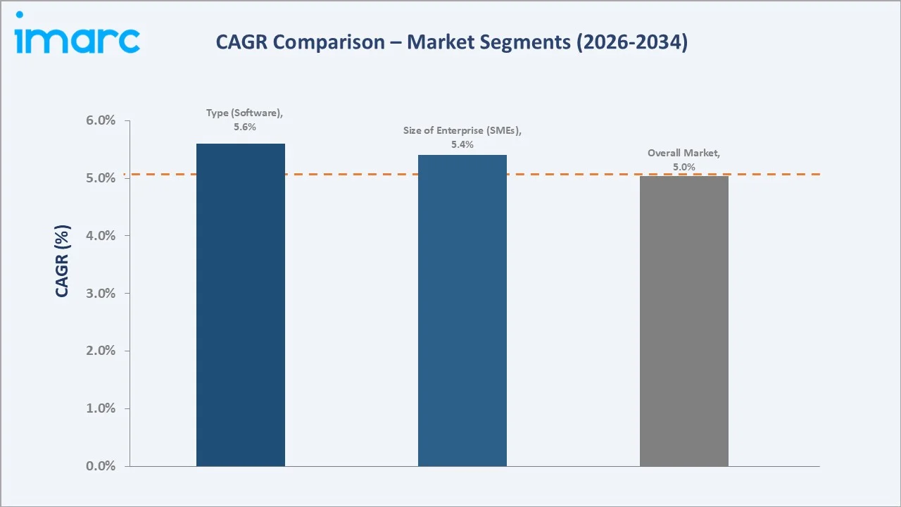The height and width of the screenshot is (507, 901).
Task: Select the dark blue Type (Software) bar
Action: (x=241, y=304)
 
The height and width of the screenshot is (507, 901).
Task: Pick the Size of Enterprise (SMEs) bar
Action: (x=462, y=310)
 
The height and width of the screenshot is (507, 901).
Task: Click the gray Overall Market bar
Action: (x=683, y=320)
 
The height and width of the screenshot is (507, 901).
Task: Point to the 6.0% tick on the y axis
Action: (x=101, y=121)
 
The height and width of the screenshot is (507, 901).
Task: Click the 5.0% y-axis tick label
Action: (x=101, y=178)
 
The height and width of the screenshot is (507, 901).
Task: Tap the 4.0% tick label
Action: (x=101, y=236)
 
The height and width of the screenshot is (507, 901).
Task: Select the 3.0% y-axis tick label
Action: (x=101, y=294)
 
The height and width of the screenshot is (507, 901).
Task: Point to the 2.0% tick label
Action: (x=101, y=351)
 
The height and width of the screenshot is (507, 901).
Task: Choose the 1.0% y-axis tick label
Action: (x=101, y=408)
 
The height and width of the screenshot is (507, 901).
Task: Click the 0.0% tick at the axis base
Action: (x=101, y=466)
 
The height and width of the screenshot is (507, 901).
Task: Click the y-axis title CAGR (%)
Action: (x=62, y=261)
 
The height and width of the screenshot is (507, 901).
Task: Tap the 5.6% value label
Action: (x=245, y=127)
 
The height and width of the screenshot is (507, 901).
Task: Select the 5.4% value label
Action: (x=462, y=144)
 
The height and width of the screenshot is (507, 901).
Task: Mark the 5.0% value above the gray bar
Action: (x=683, y=167)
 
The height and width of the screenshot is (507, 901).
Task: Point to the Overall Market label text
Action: (x=683, y=153)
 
